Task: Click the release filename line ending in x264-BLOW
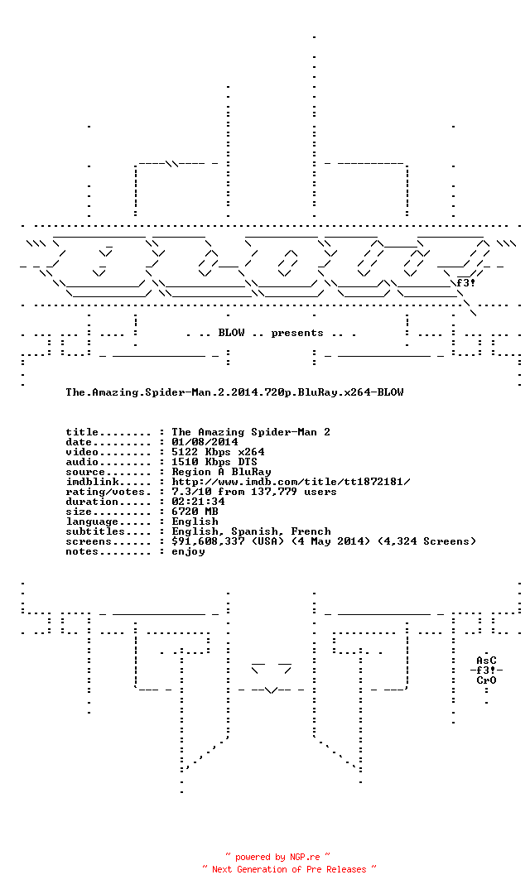pyautogui.click(x=234, y=392)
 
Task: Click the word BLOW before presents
pyautogui.click(x=231, y=333)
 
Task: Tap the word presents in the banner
pyautogui.click(x=297, y=334)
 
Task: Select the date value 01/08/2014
pyautogui.click(x=205, y=442)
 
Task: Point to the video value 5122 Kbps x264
pyautogui.click(x=218, y=452)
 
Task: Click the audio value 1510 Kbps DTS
pyautogui.click(x=214, y=462)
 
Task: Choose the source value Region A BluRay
pyautogui.click(x=221, y=472)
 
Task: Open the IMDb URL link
pyautogui.click(x=291, y=482)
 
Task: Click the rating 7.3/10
pyautogui.click(x=191, y=492)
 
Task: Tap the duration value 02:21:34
pyautogui.click(x=198, y=502)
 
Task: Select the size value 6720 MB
pyautogui.click(x=195, y=512)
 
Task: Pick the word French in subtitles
pyautogui.click(x=311, y=531)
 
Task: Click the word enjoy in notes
pyautogui.click(x=188, y=552)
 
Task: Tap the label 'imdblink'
pyautogui.click(x=93, y=482)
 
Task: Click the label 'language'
pyautogui.click(x=93, y=521)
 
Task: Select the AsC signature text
pyautogui.click(x=487, y=661)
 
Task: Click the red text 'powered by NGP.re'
pyautogui.click(x=277, y=857)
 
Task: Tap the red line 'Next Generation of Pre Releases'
pyautogui.click(x=289, y=869)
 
